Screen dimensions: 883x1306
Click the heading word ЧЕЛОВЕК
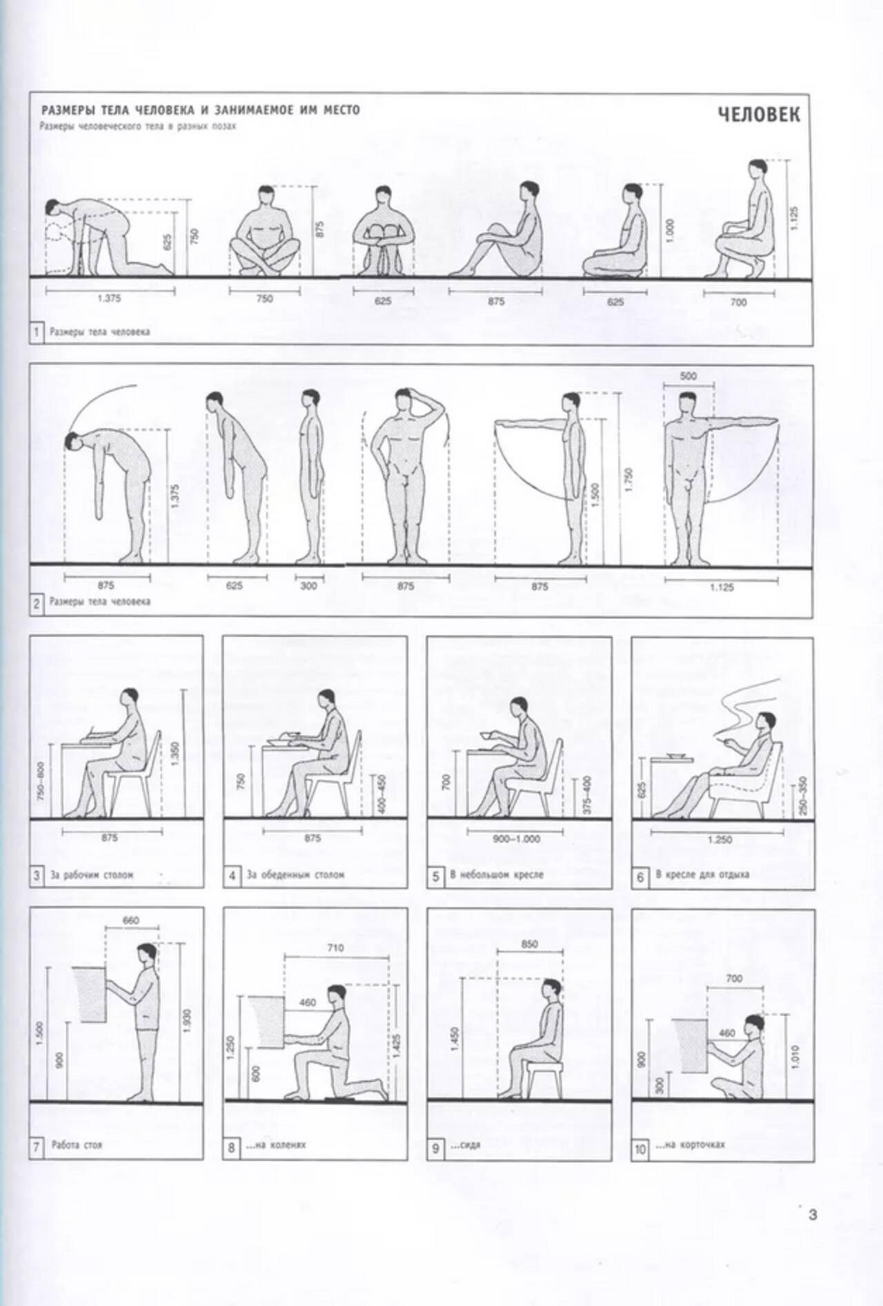click(x=759, y=114)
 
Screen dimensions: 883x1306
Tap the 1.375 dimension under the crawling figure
click(x=108, y=299)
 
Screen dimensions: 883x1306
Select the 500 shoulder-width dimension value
click(x=688, y=376)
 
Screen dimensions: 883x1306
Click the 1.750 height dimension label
click(x=628, y=480)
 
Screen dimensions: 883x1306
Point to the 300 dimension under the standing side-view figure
click(x=309, y=586)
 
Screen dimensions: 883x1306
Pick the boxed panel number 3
click(x=37, y=877)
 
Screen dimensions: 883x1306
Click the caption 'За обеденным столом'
click(x=295, y=875)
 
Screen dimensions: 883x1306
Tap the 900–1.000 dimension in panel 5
click(x=517, y=839)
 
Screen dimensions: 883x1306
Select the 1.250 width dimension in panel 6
click(x=719, y=839)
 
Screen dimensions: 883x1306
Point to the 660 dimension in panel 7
click(x=130, y=920)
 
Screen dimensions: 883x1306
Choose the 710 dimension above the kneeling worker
click(x=335, y=948)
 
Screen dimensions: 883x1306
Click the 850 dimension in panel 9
click(x=529, y=944)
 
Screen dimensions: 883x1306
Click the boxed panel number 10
click(x=639, y=1150)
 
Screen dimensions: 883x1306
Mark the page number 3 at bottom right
click(x=812, y=1214)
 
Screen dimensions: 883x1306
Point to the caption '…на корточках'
click(x=691, y=1144)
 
